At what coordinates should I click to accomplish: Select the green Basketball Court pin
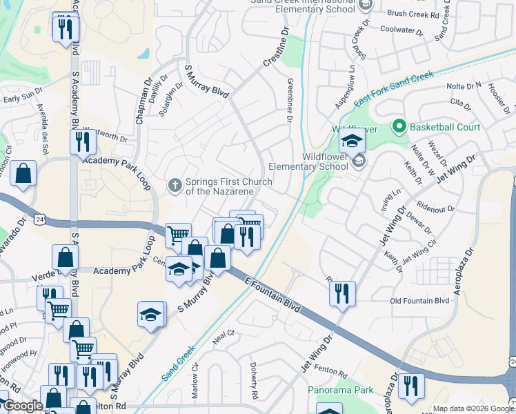pos(397,127)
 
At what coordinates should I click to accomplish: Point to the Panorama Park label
pos(340,391)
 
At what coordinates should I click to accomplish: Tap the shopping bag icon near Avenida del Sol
pos(23,174)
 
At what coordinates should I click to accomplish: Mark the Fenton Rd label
pos(333,372)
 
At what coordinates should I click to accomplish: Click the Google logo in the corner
pos(23,406)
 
